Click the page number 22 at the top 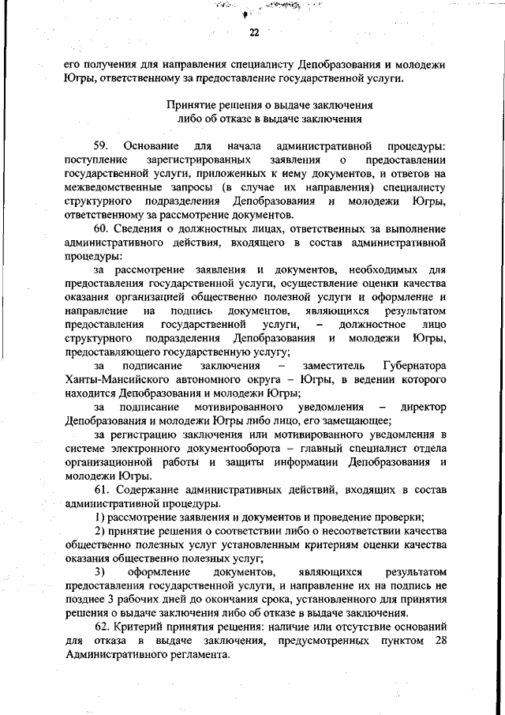pos(253,32)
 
